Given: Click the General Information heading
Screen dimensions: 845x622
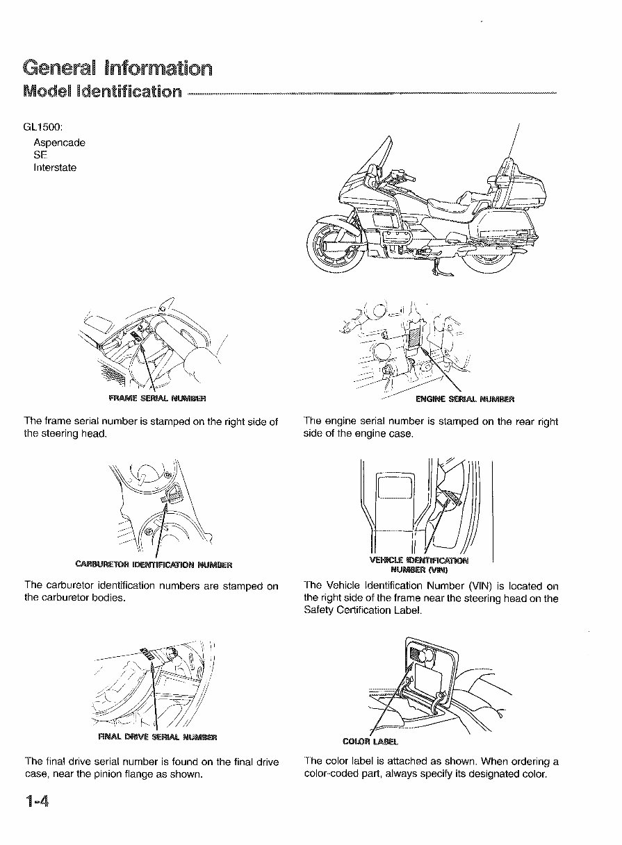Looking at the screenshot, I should (117, 68).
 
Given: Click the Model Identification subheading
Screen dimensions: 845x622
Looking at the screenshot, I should (102, 92).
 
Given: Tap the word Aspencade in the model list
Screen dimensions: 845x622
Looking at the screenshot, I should (59, 142).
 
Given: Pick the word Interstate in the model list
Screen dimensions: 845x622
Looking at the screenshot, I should (55, 167).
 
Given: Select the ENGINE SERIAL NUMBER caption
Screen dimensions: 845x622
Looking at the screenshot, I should (464, 399).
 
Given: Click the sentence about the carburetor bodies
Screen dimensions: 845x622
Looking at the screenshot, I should (151, 592).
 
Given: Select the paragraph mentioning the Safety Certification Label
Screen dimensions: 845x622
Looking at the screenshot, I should (431, 598).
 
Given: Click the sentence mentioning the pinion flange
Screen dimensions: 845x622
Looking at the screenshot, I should (151, 768).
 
